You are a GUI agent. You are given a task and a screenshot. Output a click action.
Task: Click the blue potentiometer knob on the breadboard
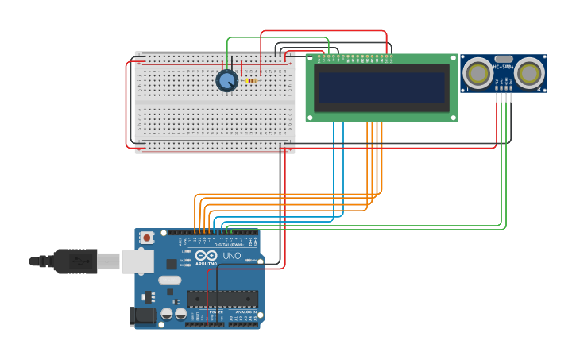[227, 80]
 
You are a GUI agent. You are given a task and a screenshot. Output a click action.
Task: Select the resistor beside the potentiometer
[251, 80]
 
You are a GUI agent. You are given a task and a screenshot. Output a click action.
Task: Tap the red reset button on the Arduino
[147, 237]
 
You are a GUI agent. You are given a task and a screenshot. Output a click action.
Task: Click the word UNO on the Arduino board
[232, 256]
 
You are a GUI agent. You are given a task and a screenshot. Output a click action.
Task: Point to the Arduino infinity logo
[205, 255]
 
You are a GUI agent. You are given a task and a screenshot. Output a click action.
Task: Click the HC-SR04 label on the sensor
[504, 67]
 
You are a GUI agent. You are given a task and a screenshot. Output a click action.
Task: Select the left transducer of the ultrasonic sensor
[478, 73]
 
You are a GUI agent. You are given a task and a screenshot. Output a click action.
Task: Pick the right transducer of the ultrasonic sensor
[529, 73]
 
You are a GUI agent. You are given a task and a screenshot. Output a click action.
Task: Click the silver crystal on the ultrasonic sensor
[504, 59]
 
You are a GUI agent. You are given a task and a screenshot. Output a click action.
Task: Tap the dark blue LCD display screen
[382, 87]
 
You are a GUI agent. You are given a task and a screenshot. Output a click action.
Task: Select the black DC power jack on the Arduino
[143, 315]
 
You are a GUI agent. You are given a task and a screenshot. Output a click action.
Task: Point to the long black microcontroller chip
[222, 300]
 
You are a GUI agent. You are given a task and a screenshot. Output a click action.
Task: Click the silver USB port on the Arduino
[137, 261]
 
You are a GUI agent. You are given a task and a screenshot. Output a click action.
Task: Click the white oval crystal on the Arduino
[169, 280]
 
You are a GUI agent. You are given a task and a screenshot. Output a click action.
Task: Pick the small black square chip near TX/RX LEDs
[172, 264]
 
